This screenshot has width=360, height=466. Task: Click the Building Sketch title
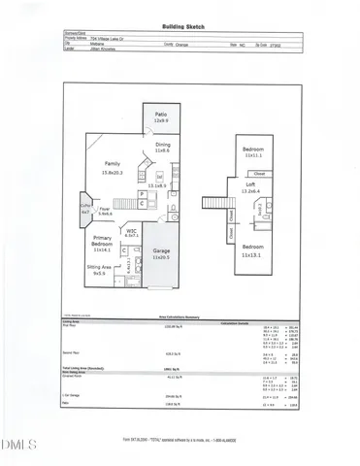[x=180, y=30]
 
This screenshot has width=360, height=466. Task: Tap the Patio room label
[x=161, y=116]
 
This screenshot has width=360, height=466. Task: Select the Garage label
[x=161, y=251]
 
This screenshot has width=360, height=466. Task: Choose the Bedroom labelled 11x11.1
[x=253, y=150]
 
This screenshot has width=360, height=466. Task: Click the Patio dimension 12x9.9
[x=161, y=121]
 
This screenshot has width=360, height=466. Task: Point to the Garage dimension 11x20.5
[x=161, y=257]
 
